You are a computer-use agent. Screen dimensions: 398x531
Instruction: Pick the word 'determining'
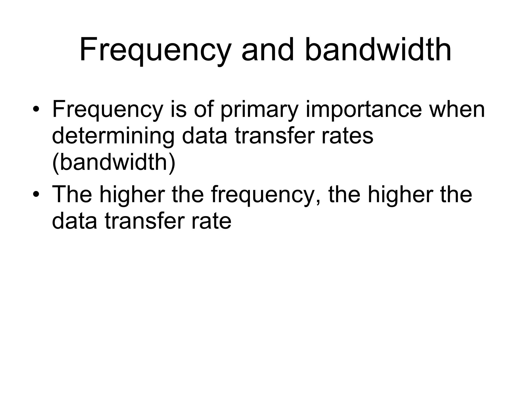[113, 137]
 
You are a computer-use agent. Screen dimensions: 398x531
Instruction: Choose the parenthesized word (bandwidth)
[114, 163]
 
